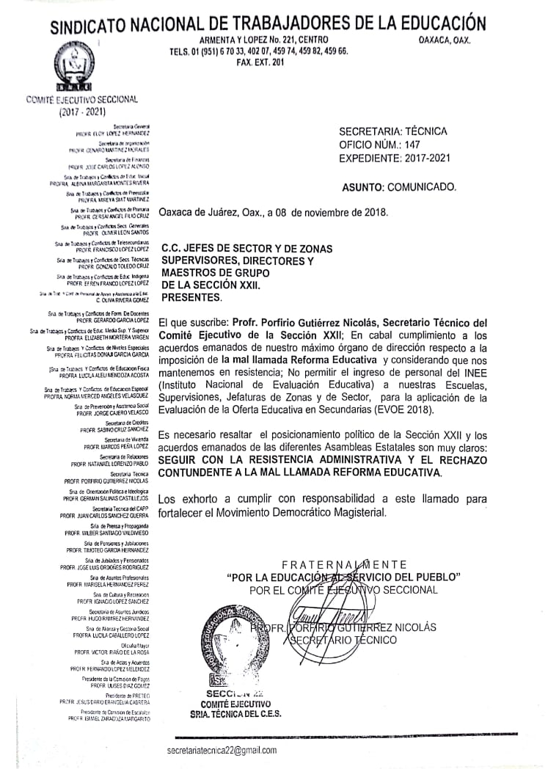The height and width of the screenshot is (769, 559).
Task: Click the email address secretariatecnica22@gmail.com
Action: point(222,750)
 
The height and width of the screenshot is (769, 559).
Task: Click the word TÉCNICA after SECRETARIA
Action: point(425,131)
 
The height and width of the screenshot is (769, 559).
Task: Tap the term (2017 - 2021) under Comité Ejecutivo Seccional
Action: point(82,112)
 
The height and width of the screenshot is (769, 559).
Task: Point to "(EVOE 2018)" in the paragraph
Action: point(399,410)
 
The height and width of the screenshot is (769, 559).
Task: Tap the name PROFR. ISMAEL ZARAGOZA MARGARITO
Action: point(109,719)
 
